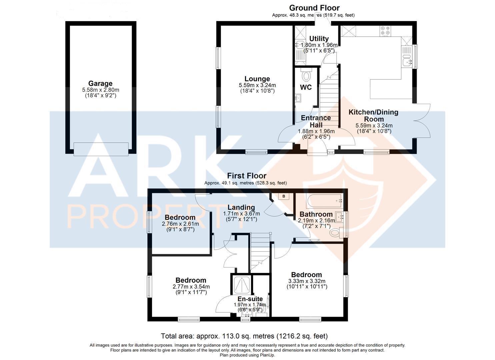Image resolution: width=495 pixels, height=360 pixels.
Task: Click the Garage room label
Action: coord(100,84)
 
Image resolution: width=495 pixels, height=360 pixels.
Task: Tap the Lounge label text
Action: coord(257,79)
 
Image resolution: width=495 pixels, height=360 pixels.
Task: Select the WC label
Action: coord(306,87)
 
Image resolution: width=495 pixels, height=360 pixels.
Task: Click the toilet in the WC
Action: coord(305,76)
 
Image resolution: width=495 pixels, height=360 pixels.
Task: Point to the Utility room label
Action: coord(319,39)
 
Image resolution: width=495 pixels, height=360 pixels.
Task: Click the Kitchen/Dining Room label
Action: coord(373,116)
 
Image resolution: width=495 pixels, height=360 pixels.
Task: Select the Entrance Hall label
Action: coord(316,121)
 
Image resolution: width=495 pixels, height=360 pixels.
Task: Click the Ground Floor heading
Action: coord(314,8)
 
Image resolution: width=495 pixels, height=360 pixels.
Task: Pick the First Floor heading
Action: coord(247,176)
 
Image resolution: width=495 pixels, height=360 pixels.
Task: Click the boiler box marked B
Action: coord(284,196)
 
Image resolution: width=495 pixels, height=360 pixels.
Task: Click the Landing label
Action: coord(241,208)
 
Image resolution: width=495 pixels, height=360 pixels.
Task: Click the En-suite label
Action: coord(250,299)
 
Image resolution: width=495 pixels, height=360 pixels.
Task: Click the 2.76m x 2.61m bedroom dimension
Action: coord(180,224)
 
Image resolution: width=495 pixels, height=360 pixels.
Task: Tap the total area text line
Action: coord(244,336)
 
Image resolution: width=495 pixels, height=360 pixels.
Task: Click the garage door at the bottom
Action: coord(101,149)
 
